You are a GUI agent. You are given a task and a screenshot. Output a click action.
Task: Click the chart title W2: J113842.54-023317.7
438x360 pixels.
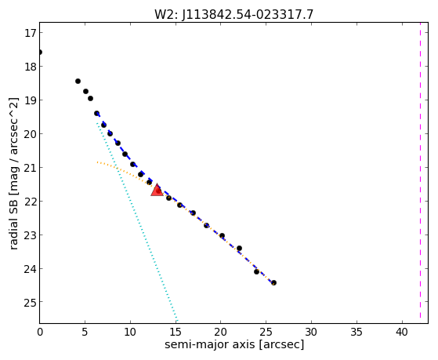pyautogui.click(x=233, y=15)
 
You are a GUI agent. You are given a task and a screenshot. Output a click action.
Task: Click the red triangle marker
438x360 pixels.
pyautogui.click(x=157, y=191)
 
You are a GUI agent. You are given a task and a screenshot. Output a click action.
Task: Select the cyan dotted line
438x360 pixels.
pyautogui.click(x=137, y=221)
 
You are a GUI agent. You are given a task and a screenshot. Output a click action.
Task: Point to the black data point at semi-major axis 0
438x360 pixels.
pyautogui.click(x=40, y=53)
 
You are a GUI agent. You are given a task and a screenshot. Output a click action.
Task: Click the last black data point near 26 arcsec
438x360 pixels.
pyautogui.click(x=273, y=283)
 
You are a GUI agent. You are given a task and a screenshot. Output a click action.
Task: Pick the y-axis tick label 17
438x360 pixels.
pyautogui.click(x=30, y=33)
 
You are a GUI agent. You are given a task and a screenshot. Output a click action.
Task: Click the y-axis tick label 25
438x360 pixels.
pyautogui.click(x=30, y=302)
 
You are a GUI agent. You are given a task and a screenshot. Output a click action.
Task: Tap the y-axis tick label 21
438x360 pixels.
pyautogui.click(x=30, y=168)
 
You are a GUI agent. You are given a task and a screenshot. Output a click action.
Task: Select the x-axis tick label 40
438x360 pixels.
pyautogui.click(x=402, y=332)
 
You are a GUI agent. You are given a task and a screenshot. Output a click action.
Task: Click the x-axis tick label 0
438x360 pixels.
pyautogui.click(x=40, y=332)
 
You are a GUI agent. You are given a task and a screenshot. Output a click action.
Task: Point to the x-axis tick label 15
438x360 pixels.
pyautogui.click(x=176, y=332)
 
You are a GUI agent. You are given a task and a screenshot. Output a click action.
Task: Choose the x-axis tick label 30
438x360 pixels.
pyautogui.click(x=311, y=332)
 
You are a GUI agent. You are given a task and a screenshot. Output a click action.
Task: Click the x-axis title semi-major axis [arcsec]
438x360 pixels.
pyautogui.click(x=234, y=344)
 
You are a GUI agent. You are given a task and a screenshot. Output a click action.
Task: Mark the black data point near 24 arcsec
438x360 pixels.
pyautogui.click(x=257, y=271)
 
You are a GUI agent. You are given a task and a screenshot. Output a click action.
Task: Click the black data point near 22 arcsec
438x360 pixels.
pyautogui.click(x=240, y=248)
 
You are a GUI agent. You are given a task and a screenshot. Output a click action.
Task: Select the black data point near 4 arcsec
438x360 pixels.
pyautogui.click(x=78, y=81)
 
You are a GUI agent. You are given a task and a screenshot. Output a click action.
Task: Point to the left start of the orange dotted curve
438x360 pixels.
pyautogui.click(x=97, y=162)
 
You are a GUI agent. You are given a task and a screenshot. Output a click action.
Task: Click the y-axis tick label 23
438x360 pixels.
pyautogui.click(x=30, y=235)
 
